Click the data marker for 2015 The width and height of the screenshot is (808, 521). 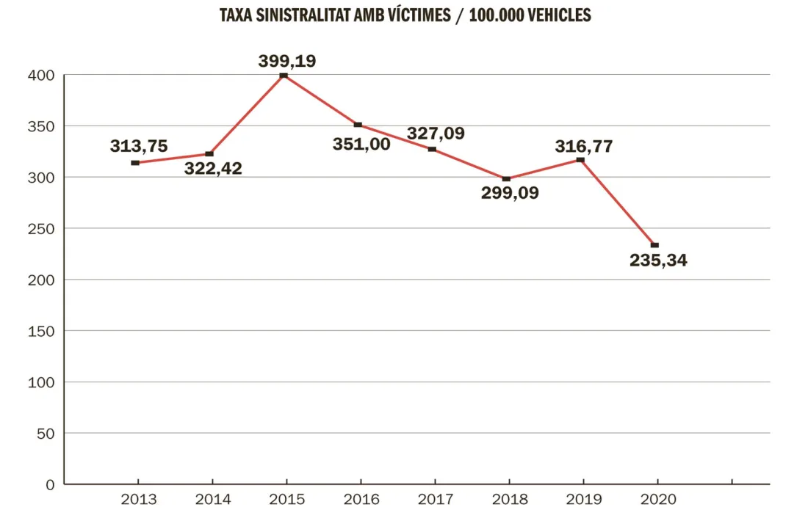click(x=284, y=76)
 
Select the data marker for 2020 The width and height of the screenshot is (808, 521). click(x=654, y=245)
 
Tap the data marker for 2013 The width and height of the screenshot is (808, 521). click(x=135, y=163)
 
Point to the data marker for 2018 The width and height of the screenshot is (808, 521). click(x=506, y=179)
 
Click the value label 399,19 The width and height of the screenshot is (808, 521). click(x=287, y=61)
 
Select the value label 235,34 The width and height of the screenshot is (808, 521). click(x=658, y=260)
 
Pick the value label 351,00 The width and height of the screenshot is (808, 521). click(x=361, y=145)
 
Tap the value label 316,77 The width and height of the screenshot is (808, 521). click(x=584, y=146)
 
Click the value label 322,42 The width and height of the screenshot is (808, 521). click(x=213, y=169)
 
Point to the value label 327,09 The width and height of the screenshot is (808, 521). click(x=436, y=134)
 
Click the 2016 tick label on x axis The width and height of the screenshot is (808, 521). click(x=361, y=500)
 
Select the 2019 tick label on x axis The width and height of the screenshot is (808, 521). click(x=583, y=500)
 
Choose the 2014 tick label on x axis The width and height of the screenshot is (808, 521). click(x=212, y=500)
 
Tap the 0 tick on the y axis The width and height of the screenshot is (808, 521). click(x=49, y=484)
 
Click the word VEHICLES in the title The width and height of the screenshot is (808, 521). click(x=556, y=15)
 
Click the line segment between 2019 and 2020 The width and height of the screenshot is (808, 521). click(x=618, y=203)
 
